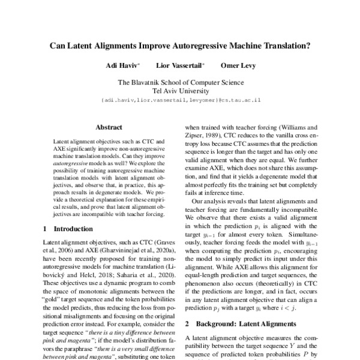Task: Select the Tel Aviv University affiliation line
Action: (180, 91)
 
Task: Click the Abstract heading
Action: (109, 127)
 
